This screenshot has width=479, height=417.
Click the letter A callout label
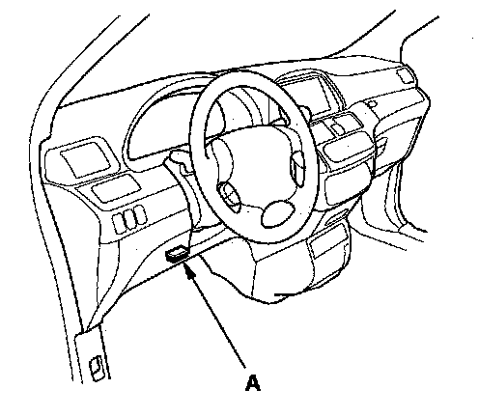(x=253, y=383)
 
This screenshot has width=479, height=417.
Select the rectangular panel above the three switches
(x=115, y=189)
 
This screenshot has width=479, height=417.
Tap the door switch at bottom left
(x=97, y=368)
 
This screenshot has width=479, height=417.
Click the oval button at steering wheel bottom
(x=278, y=213)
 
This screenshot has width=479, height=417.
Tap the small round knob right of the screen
(x=372, y=104)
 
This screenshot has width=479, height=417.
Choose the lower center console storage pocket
(x=326, y=245)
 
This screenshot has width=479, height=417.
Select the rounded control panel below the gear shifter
(x=349, y=148)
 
